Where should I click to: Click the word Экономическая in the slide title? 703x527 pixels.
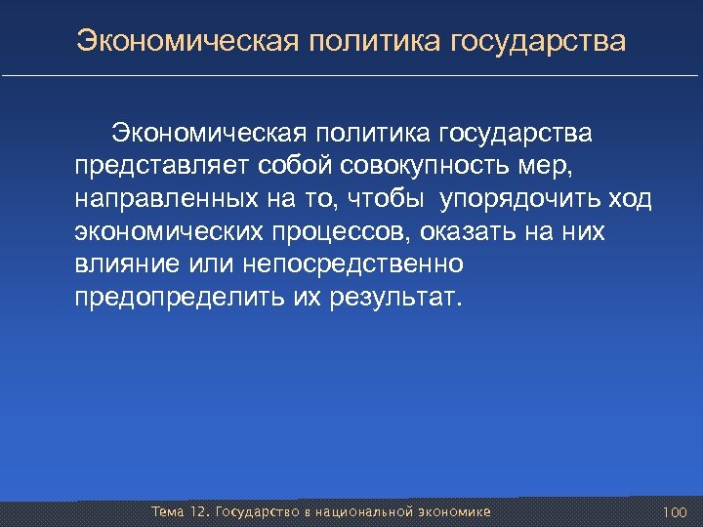coord(185,43)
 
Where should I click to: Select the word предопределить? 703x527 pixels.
coord(178,299)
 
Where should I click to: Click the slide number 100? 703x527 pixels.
coord(675,512)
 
